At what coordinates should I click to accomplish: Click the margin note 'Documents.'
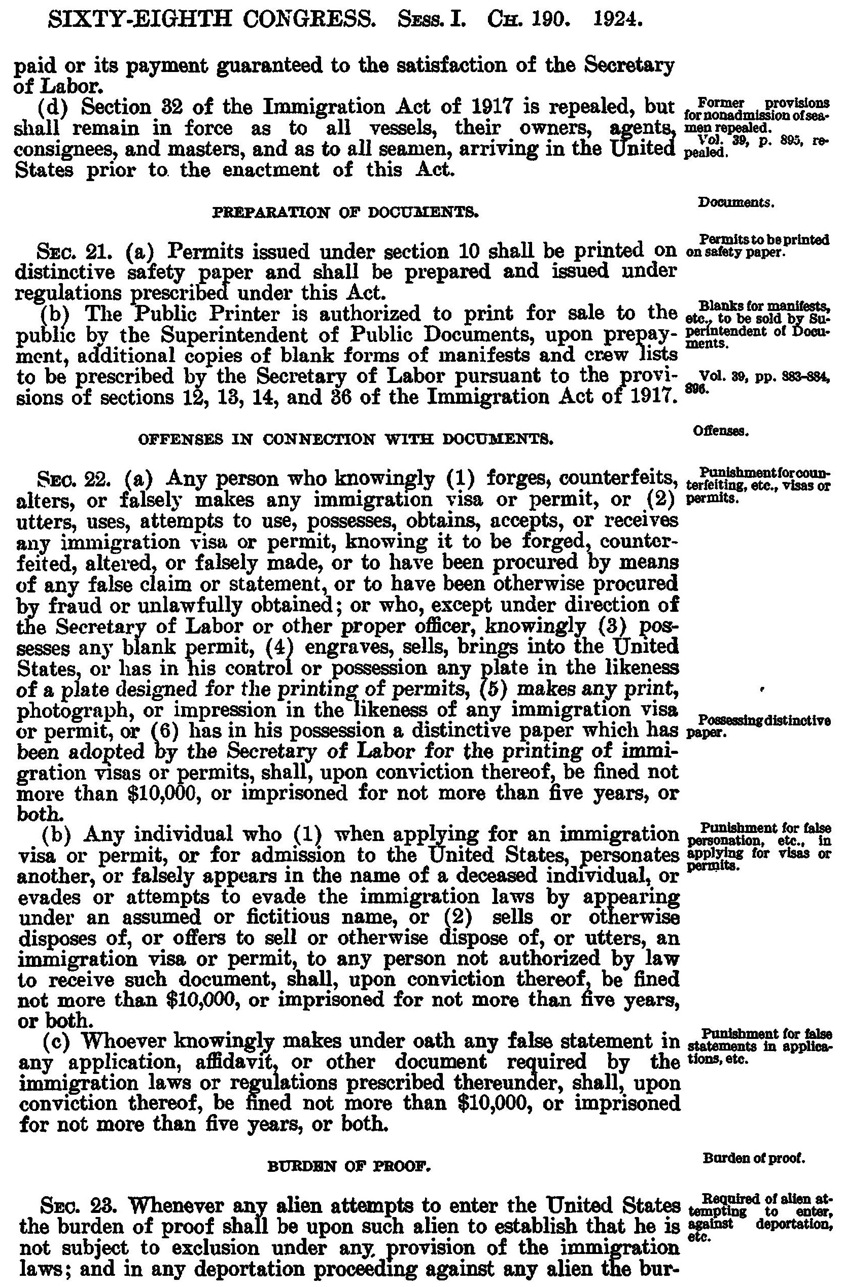[x=736, y=203]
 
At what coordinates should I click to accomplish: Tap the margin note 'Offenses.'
[x=720, y=432]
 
